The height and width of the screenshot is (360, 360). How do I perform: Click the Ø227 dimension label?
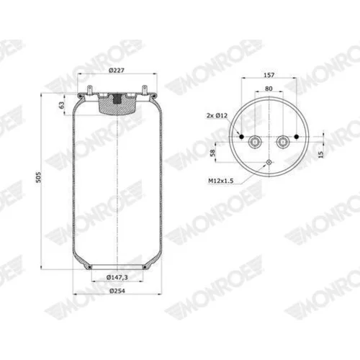click(x=117, y=71)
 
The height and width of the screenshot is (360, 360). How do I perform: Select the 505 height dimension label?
click(x=38, y=177)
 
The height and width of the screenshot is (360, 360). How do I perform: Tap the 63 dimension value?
click(x=62, y=105)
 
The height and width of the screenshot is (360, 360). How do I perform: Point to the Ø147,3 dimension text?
click(x=117, y=277)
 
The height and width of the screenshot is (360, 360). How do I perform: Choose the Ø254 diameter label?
click(x=117, y=291)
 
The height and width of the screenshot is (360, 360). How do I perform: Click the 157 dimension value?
click(x=269, y=75)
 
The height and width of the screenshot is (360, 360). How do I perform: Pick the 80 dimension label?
click(x=269, y=89)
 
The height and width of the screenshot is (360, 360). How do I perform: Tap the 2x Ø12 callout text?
click(x=217, y=115)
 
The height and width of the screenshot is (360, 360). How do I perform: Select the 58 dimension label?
click(x=212, y=153)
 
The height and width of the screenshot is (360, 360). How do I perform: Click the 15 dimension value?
click(x=321, y=154)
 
